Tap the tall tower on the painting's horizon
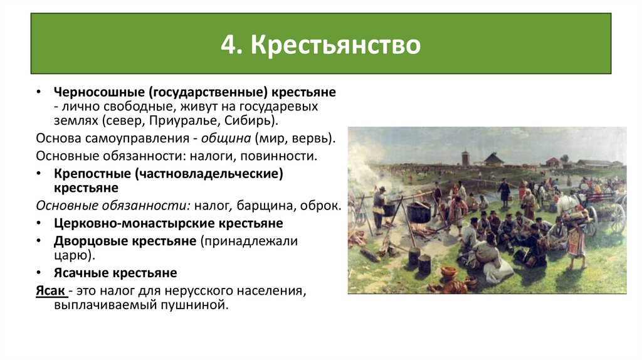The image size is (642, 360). click(x=465, y=157)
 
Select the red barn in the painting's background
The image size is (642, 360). click(x=552, y=161)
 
